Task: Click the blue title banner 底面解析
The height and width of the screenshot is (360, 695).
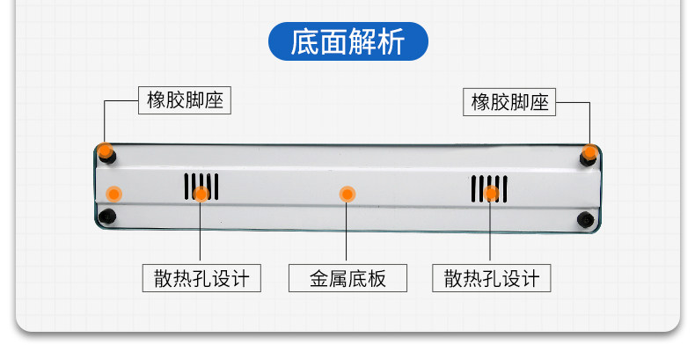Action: tap(347, 41)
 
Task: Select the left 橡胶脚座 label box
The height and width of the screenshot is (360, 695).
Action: tap(184, 101)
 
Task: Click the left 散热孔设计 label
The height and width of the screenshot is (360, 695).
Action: tap(201, 279)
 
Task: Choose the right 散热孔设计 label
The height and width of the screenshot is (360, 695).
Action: tap(491, 279)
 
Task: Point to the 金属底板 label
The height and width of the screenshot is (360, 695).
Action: tap(347, 279)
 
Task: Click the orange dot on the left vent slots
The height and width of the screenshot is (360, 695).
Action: tap(201, 194)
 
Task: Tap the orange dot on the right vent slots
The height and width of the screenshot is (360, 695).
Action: tap(492, 194)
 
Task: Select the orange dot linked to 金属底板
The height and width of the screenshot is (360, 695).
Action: tap(347, 193)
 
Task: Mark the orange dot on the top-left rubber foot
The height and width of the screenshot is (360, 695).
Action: tap(106, 151)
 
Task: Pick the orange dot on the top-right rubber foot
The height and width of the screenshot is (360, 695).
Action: tap(589, 152)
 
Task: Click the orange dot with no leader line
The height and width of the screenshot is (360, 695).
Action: tap(113, 193)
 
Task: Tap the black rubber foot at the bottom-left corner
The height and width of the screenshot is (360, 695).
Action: tap(107, 217)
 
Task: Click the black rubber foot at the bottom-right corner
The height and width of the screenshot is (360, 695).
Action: tap(584, 218)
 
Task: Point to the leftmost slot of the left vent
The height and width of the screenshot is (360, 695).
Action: tap(186, 185)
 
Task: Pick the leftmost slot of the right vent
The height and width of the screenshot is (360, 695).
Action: tap(472, 188)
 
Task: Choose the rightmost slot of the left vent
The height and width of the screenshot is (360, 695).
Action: tap(217, 185)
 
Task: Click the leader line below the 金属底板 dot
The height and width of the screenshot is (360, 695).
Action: tap(347, 233)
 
